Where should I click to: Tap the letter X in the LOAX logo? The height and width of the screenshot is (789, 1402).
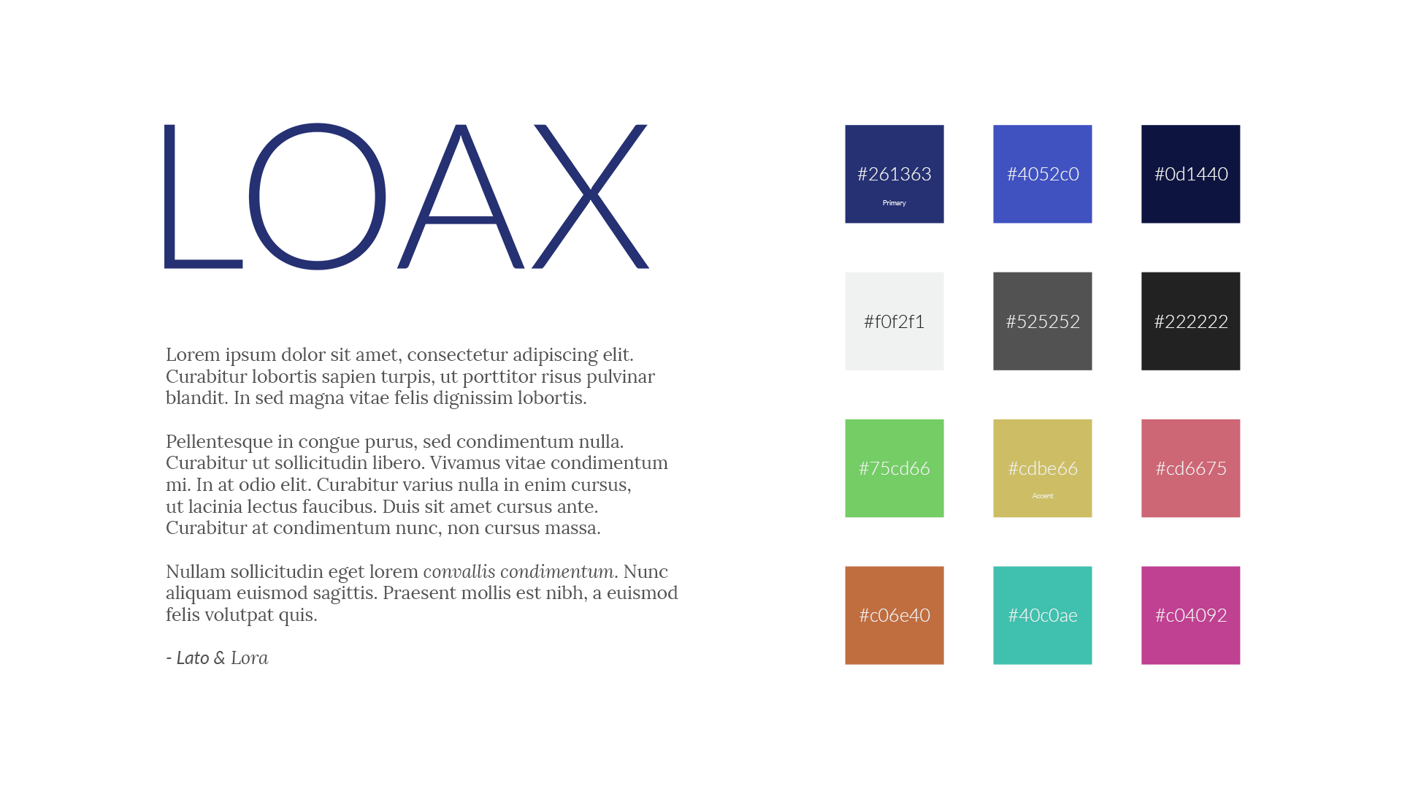tap(590, 196)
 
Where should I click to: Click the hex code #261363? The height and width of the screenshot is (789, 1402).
tap(894, 174)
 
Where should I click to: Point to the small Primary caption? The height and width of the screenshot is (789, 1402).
tap(894, 203)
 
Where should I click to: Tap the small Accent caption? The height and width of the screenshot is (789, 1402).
tap(1042, 496)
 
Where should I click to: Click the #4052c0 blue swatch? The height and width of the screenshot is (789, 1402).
tap(1042, 174)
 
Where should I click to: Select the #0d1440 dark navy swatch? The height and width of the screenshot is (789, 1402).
tap(1190, 174)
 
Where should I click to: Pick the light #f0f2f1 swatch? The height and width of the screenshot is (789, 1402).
tap(894, 321)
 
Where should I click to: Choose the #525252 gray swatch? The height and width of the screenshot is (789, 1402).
tap(1042, 321)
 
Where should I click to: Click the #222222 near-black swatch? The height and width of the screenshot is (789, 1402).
tap(1190, 321)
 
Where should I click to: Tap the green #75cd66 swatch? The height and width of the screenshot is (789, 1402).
tap(894, 468)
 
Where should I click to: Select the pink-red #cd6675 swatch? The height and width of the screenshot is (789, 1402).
tap(1190, 468)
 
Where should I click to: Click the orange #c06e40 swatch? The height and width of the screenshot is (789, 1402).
tap(894, 615)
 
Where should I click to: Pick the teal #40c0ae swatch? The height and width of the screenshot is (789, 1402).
tap(1042, 615)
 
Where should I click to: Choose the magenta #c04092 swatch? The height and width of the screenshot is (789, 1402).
tap(1190, 615)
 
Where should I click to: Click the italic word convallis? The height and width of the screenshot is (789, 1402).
tap(459, 571)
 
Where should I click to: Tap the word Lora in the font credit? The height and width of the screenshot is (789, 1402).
tap(249, 658)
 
